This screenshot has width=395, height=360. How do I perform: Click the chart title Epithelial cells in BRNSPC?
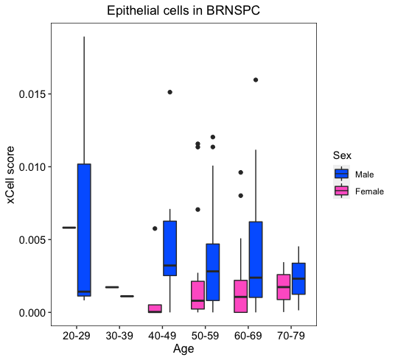[183, 11]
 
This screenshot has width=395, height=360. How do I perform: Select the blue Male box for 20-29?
[84, 230]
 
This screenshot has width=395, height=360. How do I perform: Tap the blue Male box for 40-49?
[170, 248]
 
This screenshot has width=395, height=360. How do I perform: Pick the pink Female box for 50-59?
[197, 295]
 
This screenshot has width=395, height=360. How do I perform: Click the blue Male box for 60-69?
[256, 260]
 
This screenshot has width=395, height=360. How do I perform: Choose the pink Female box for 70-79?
[284, 287]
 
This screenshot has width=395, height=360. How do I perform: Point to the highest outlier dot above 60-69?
[256, 80]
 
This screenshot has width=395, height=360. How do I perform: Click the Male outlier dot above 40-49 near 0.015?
[170, 92]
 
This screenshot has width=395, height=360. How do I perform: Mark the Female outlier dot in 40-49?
[155, 228]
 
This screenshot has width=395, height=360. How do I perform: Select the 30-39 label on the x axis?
[119, 336]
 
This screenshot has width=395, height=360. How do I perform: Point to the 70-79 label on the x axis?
[291, 336]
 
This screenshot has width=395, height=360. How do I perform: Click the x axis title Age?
[183, 349]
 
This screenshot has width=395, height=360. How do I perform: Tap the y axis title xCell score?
[10, 175]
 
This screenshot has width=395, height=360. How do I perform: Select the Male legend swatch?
[342, 174]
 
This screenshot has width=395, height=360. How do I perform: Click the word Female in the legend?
[369, 191]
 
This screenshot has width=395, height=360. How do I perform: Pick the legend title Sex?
[342, 155]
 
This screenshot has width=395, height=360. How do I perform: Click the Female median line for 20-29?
[69, 227]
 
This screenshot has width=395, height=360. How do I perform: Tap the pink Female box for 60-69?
[241, 297]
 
